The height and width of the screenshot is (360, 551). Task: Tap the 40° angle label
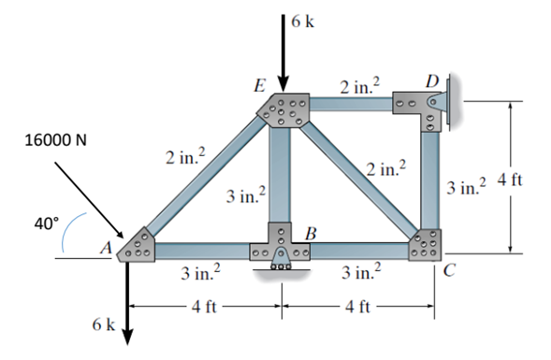47,223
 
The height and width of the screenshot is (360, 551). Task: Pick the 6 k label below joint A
103,324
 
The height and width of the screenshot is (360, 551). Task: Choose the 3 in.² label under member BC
360,274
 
